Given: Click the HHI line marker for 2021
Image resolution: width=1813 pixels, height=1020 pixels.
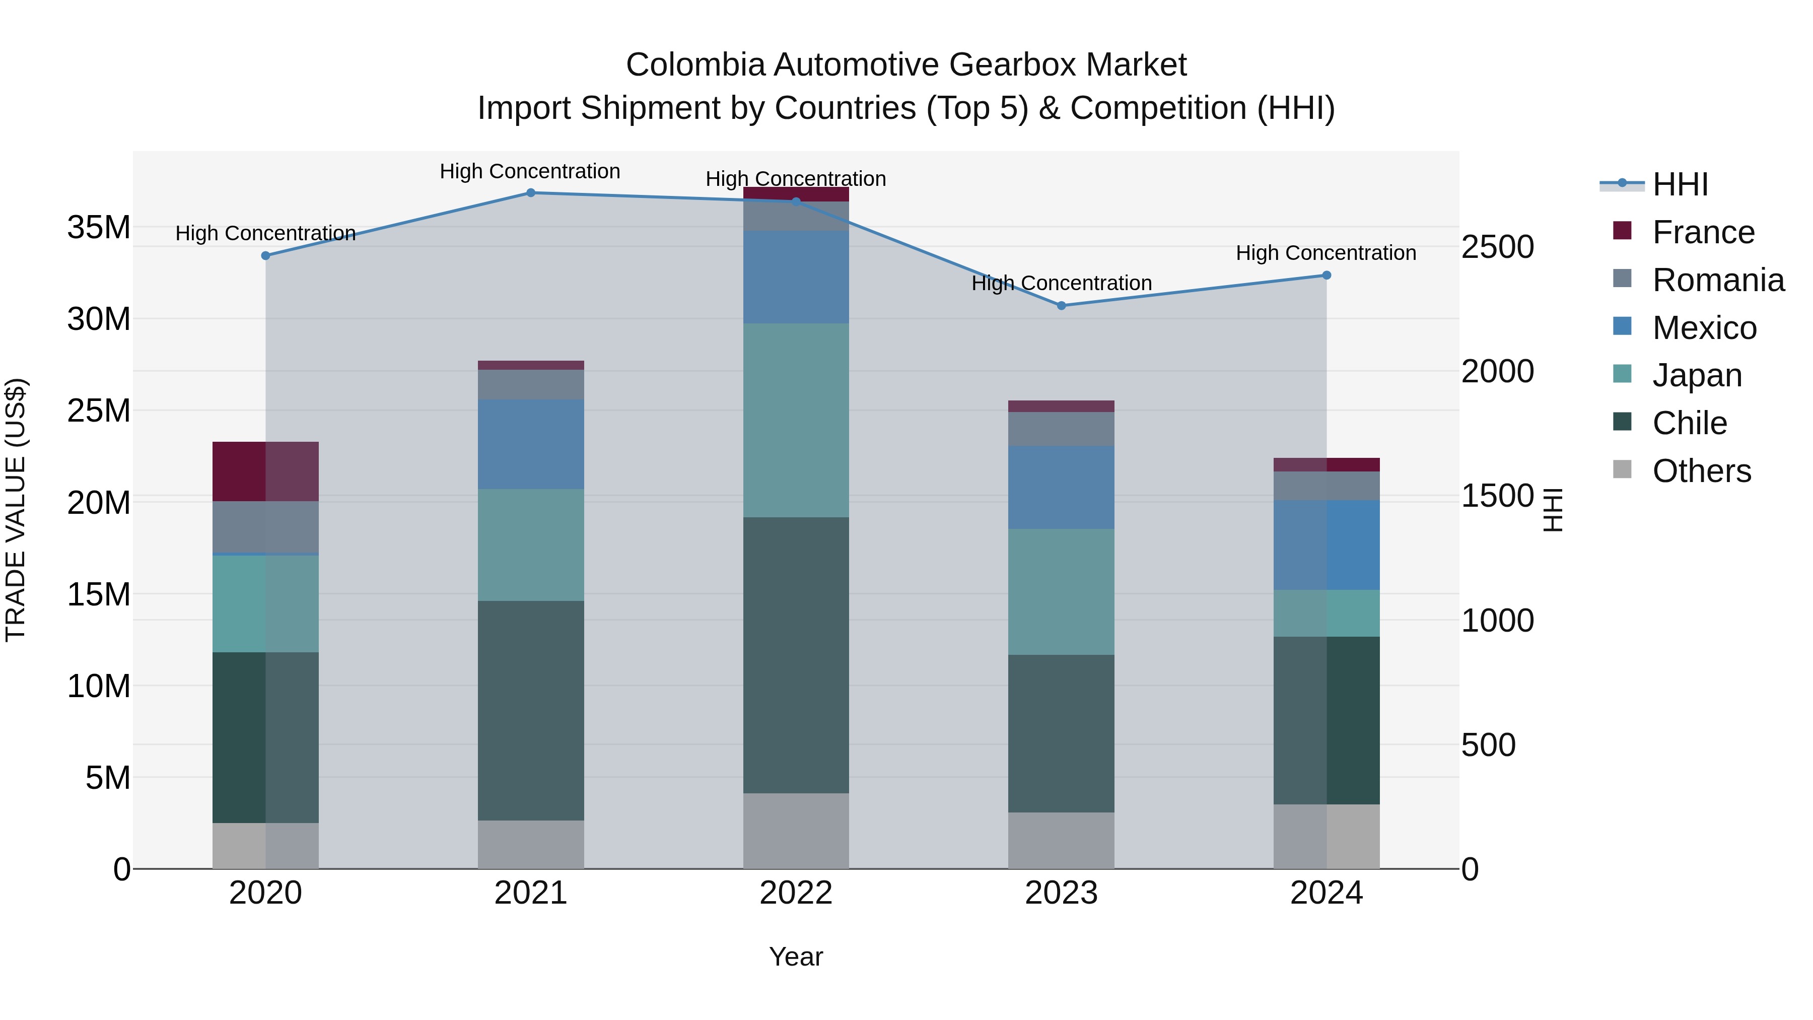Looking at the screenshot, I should pyautogui.click(x=531, y=193).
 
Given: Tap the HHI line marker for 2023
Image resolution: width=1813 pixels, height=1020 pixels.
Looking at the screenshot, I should pyautogui.click(x=1061, y=306).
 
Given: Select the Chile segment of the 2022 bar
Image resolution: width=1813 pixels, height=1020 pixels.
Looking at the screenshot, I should pyautogui.click(x=796, y=655).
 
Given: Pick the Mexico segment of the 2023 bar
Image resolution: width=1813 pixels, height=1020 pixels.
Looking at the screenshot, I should pyautogui.click(x=1061, y=487).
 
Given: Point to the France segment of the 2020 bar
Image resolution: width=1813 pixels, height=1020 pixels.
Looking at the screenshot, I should pyautogui.click(x=265, y=471).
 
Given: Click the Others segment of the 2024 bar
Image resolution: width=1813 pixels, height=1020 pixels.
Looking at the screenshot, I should pyautogui.click(x=1327, y=836).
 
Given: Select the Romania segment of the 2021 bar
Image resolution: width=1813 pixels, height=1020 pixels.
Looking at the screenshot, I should pyautogui.click(x=531, y=384).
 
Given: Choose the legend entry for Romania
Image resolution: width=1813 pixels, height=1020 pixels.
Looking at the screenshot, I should pyautogui.click(x=1717, y=280).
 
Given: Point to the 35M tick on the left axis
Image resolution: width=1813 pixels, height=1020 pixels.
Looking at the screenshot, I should pyautogui.click(x=99, y=227).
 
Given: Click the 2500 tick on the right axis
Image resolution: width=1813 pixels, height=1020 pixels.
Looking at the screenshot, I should pyautogui.click(x=1497, y=247).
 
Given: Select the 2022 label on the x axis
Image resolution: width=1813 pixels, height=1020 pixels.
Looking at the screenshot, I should pyautogui.click(x=796, y=893).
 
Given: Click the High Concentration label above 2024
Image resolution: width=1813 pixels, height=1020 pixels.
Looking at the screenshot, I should pyautogui.click(x=1326, y=253).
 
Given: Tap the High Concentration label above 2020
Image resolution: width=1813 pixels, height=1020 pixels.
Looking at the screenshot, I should pyautogui.click(x=265, y=233).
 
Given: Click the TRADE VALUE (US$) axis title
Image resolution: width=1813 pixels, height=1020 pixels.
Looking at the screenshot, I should pyautogui.click(x=16, y=510).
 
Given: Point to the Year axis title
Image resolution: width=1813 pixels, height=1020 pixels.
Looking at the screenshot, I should pyautogui.click(x=796, y=957).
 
